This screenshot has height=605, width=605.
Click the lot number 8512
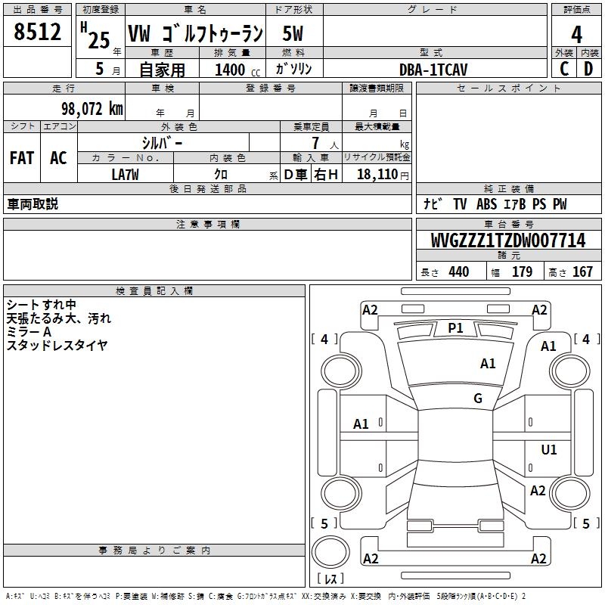click(x=37, y=32)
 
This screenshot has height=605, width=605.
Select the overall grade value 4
click(x=576, y=35)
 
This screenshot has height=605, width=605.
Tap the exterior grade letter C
click(x=564, y=69)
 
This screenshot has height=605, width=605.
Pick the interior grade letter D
click(x=588, y=69)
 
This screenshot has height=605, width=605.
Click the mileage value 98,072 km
click(x=92, y=109)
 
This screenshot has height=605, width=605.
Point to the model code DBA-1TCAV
click(x=433, y=70)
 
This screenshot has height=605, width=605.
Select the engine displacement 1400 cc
click(x=237, y=70)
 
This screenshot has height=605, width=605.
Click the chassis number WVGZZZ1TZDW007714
click(x=508, y=240)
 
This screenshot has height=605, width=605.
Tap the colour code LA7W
click(x=125, y=175)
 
